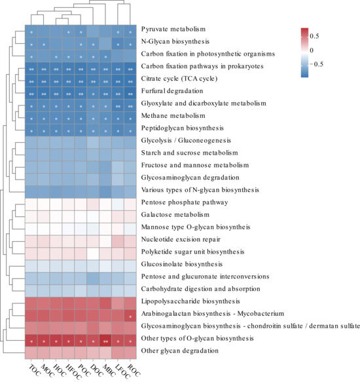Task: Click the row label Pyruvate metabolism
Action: click(173, 29)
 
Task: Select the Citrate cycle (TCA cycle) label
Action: click(179, 79)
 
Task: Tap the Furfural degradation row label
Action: click(172, 91)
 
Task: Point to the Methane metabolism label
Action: click(173, 116)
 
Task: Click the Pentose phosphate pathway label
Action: click(185, 202)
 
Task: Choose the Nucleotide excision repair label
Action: click(181, 239)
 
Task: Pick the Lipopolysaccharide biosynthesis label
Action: click(190, 301)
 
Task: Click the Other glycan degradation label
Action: click(180, 351)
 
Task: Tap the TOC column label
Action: click(34, 370)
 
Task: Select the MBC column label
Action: click(109, 370)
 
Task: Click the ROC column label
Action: click(134, 370)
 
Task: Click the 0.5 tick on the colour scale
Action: click(314, 36)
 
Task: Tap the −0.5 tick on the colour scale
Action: click(316, 64)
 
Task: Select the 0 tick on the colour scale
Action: click(312, 50)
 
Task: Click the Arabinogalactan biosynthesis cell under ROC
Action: click(130, 316)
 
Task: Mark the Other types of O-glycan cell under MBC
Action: click(105, 341)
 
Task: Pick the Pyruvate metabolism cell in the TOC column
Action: click(31, 31)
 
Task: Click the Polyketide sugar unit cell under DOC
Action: click(93, 254)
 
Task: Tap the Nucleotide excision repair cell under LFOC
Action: click(118, 241)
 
